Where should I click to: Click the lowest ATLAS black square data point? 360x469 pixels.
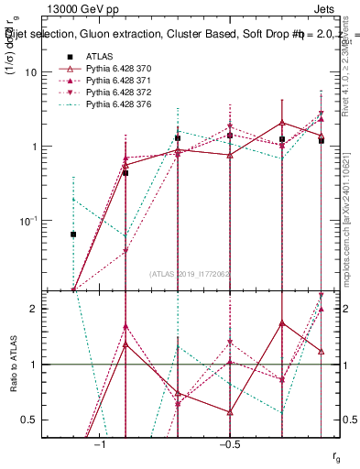[x=73, y=234]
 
